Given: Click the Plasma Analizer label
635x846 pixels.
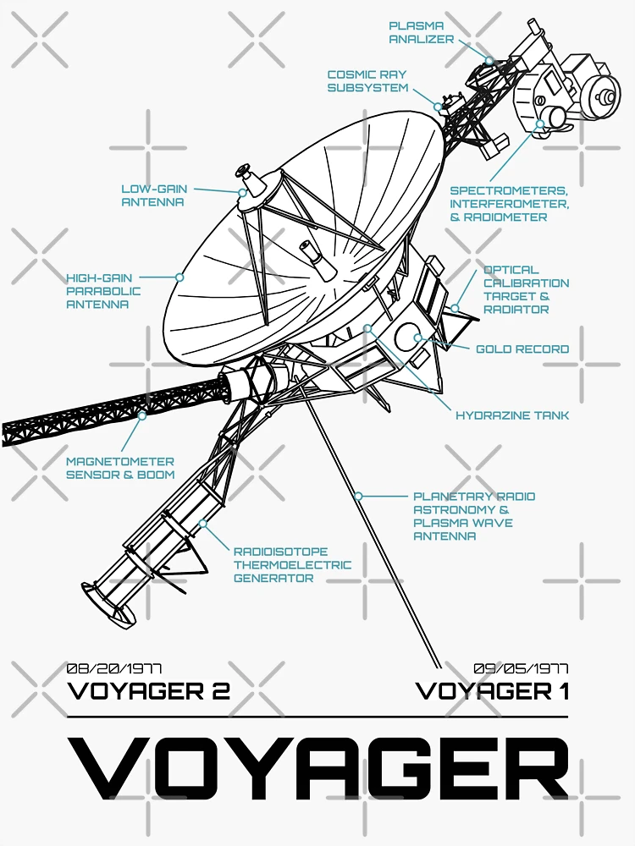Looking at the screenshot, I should (x=422, y=33).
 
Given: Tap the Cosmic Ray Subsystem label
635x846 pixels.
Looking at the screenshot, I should (x=367, y=81).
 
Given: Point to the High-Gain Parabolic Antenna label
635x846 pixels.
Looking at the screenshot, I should (x=103, y=290).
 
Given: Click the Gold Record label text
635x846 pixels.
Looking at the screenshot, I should (x=522, y=349).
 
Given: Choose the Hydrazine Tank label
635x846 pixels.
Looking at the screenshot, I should (x=512, y=415).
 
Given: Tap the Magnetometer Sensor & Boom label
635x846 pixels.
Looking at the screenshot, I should (x=120, y=468).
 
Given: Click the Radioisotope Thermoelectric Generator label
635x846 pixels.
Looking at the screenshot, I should (x=292, y=565).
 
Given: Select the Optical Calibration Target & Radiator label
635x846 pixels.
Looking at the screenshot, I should (x=526, y=289).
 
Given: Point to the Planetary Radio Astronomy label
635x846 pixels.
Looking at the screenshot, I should (x=474, y=516).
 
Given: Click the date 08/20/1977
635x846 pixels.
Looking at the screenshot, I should (x=114, y=668).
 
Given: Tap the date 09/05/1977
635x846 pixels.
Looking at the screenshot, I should (x=521, y=668).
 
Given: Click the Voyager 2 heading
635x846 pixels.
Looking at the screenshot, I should (x=148, y=691).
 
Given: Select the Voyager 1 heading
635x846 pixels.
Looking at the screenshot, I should (x=492, y=691).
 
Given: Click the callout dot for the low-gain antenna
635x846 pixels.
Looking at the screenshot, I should (x=242, y=193).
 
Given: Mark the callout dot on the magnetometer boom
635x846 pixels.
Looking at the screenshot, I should (x=141, y=415).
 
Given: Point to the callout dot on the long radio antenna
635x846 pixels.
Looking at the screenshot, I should (x=359, y=496).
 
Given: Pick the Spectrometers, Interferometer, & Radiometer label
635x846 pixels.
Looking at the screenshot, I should (x=509, y=204).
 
